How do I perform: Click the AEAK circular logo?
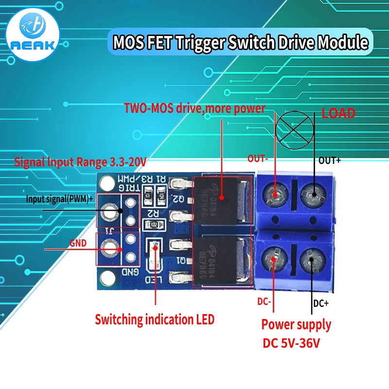click(34, 35)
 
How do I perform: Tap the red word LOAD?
click(338, 113)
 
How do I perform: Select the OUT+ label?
click(329, 160)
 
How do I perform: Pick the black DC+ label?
click(321, 303)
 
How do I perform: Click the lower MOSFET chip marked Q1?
click(218, 262)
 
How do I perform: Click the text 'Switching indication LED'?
click(154, 320)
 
